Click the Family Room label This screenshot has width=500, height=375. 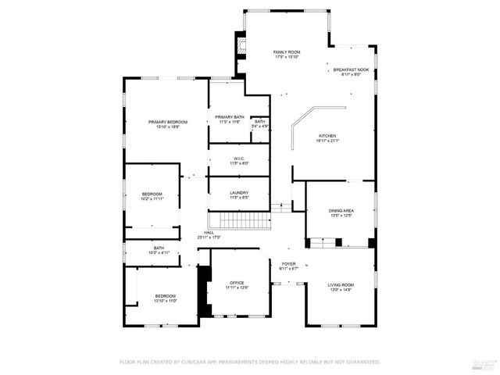(287, 54)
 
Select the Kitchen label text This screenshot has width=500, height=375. (327, 138)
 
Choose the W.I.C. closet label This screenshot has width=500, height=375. (239, 160)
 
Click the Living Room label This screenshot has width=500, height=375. (341, 287)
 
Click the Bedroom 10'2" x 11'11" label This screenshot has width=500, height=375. (152, 196)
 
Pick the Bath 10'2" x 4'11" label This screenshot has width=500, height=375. (159, 250)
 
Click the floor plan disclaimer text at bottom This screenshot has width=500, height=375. (249, 362)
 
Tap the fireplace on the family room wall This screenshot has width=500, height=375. (241, 46)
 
